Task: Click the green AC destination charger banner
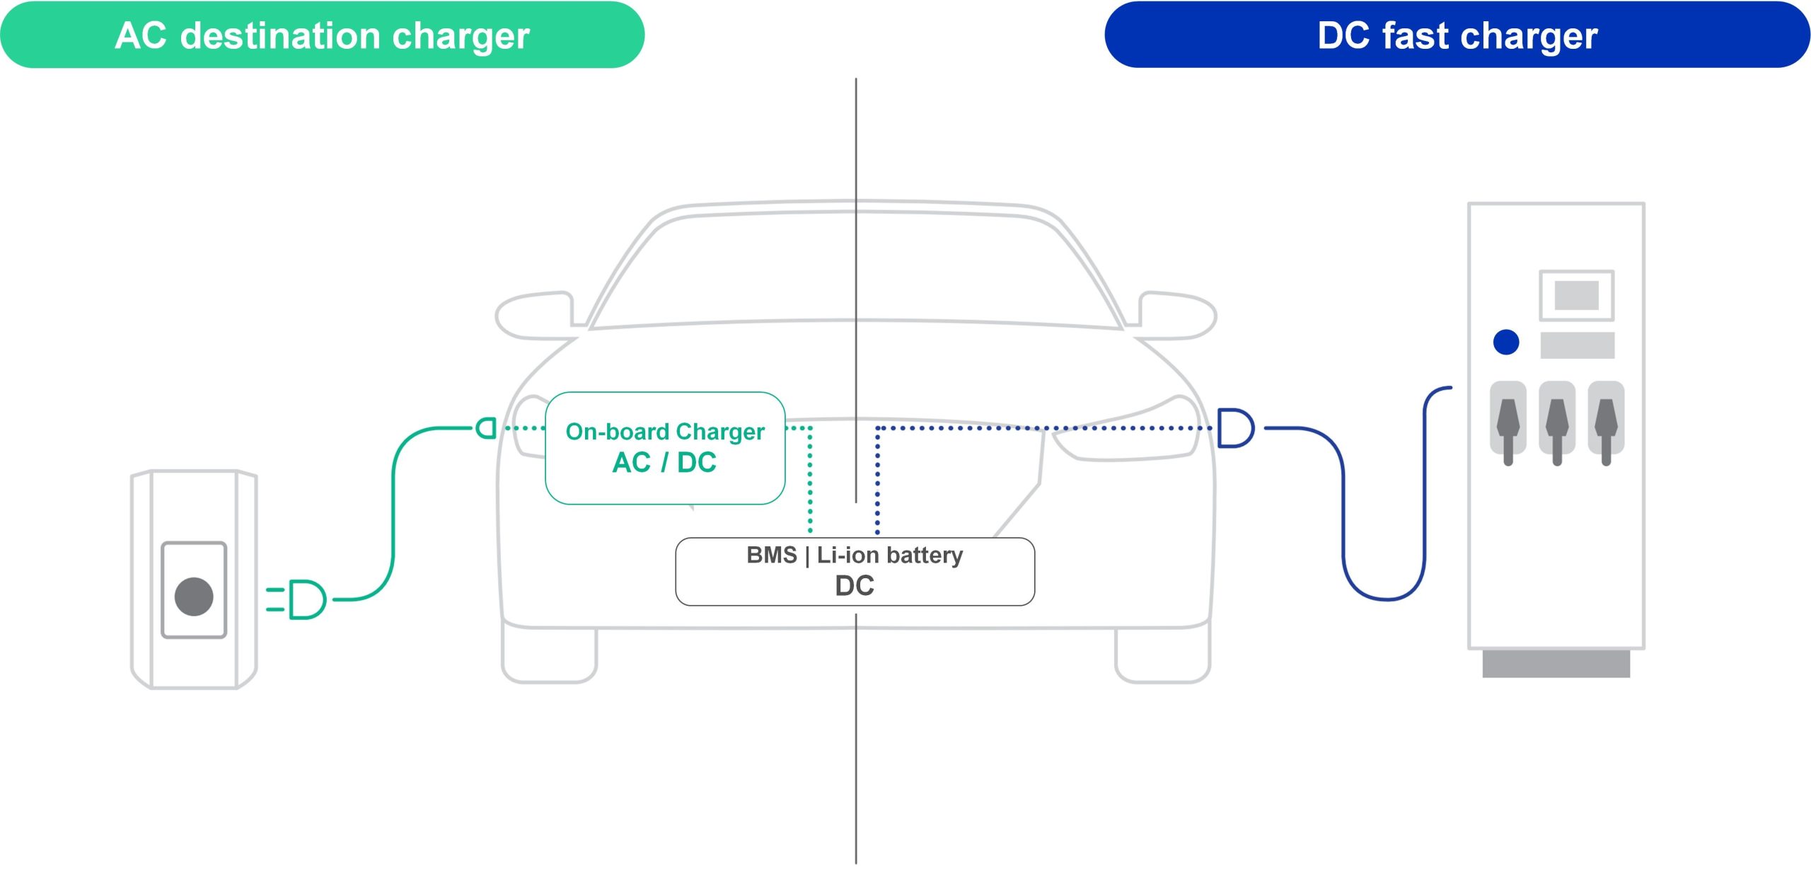click(x=322, y=35)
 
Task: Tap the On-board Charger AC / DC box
click(x=665, y=447)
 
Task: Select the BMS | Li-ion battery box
click(x=855, y=571)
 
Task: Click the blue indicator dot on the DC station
click(x=1506, y=342)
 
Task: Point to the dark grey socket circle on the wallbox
click(x=194, y=596)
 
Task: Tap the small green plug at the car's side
click(x=487, y=427)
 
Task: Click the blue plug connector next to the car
click(x=1235, y=427)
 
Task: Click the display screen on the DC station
click(x=1576, y=295)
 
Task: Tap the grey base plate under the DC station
click(x=1556, y=664)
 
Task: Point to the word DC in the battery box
click(x=855, y=586)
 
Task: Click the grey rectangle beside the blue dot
click(x=1577, y=345)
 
